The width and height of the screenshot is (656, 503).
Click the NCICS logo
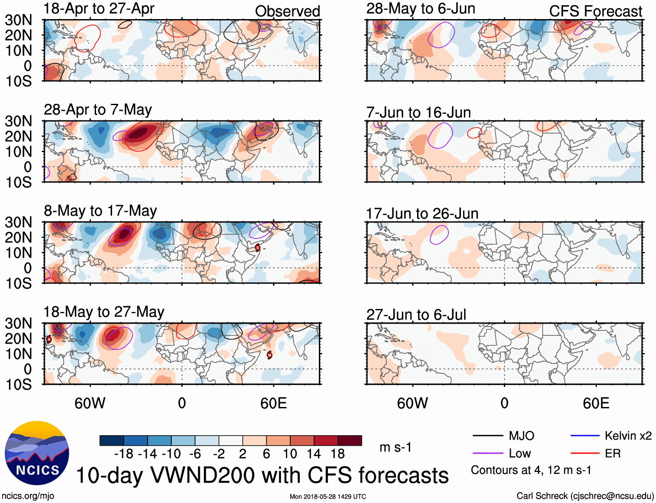pyautogui.click(x=37, y=453)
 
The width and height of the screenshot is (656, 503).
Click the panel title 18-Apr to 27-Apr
pyautogui.click(x=99, y=9)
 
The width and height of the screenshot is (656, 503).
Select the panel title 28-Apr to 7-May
pyautogui.click(x=98, y=109)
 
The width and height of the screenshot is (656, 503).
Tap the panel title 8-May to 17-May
pyautogui.click(x=100, y=211)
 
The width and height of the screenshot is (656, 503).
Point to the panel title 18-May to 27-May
pyautogui.click(x=104, y=312)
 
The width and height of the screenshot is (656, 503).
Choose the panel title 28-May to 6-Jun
pyautogui.click(x=421, y=9)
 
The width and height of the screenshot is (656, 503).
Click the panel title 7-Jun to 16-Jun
pyautogui.click(x=418, y=113)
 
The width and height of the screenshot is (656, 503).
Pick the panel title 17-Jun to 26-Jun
pyautogui.click(x=422, y=214)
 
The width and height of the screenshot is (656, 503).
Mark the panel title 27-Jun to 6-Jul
pyautogui.click(x=416, y=314)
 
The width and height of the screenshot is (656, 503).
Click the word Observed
pyautogui.click(x=287, y=11)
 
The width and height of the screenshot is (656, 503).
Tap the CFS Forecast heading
pyautogui.click(x=595, y=11)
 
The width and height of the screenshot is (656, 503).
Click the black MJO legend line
pyautogui.click(x=487, y=436)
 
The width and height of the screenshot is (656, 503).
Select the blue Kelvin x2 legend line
pyautogui.click(x=585, y=436)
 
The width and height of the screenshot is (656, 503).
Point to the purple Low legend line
pyautogui.click(x=487, y=453)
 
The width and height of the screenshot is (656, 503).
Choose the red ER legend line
pyautogui.click(x=585, y=453)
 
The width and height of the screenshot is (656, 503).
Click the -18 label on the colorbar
pyautogui.click(x=124, y=454)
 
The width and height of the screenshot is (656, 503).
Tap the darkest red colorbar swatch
pyautogui.click(x=350, y=440)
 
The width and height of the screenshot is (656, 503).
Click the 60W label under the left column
pyautogui.click(x=90, y=403)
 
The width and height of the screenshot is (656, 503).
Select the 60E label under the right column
pyautogui.click(x=596, y=403)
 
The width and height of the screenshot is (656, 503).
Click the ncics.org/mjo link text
pyautogui.click(x=28, y=496)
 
